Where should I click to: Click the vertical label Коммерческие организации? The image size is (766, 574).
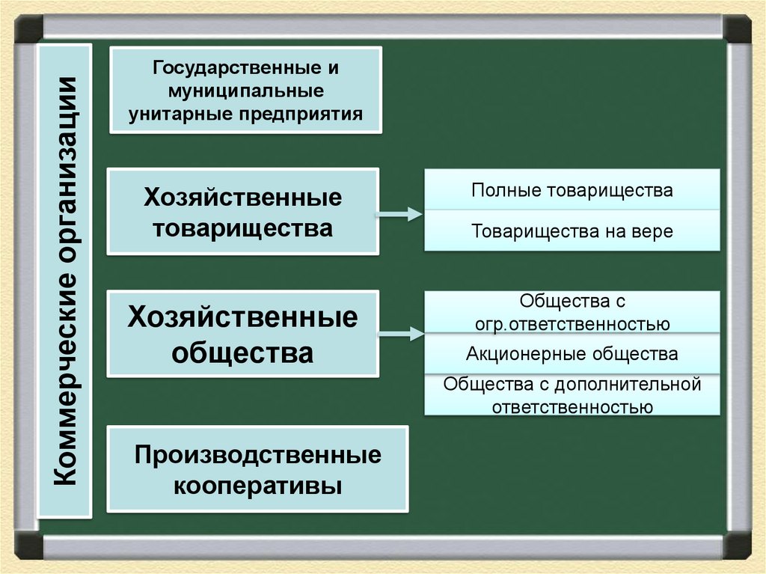(x=65, y=281)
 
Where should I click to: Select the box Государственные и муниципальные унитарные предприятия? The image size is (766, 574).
(x=245, y=90)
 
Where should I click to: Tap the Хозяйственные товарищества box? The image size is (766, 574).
(x=243, y=212)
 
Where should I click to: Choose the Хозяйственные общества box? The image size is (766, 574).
(x=243, y=333)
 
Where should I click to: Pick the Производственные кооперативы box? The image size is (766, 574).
(x=258, y=469)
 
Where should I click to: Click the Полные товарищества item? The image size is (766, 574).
(x=572, y=190)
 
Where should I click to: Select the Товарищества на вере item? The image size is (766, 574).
(x=572, y=231)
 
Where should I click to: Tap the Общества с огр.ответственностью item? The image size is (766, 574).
(x=572, y=312)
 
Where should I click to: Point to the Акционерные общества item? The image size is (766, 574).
(x=572, y=353)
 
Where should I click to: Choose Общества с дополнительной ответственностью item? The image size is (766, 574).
(x=572, y=395)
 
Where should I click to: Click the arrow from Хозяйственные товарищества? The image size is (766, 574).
(x=399, y=216)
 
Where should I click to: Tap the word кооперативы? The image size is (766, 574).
(x=258, y=486)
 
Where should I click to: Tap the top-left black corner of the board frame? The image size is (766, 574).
(x=28, y=28)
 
